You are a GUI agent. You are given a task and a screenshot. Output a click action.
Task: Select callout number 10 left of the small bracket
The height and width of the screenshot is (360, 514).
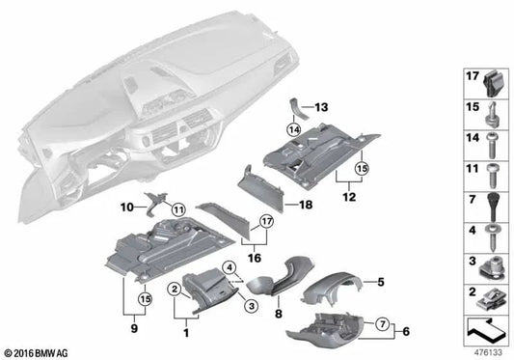pos(127,206)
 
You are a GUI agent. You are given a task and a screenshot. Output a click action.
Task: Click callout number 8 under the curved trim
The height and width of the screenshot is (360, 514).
pos(277,314)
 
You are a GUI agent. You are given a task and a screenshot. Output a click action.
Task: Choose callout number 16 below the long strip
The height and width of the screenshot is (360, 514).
pos(252,259)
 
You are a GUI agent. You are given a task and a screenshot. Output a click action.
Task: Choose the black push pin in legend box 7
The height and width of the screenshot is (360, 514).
pos(490,206)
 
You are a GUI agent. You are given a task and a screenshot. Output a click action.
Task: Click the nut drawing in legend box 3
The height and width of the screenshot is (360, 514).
pos(490,263)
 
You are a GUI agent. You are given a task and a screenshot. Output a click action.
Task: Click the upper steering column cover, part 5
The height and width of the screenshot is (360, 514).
pos(329,284)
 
